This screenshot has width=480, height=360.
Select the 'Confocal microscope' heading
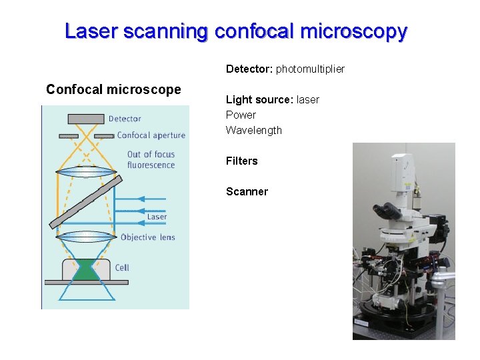[113, 89]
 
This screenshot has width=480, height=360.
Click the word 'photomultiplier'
[310, 69]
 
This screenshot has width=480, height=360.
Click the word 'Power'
[241, 115]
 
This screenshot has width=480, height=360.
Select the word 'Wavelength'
[254, 130]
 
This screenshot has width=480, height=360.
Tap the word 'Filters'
[241, 161]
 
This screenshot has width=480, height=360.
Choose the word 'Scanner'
[247, 191]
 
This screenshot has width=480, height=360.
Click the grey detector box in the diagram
[85, 119]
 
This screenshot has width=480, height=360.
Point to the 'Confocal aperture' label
[151, 135]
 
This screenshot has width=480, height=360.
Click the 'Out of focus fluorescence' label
[151, 160]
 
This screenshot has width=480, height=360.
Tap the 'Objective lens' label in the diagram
[147, 237]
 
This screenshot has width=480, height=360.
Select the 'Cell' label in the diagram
[122, 267]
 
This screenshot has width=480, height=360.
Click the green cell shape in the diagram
[85, 270]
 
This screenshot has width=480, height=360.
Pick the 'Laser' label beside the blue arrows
[157, 217]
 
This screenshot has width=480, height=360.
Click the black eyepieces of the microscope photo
[389, 212]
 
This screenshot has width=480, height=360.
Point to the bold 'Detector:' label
[249, 69]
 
